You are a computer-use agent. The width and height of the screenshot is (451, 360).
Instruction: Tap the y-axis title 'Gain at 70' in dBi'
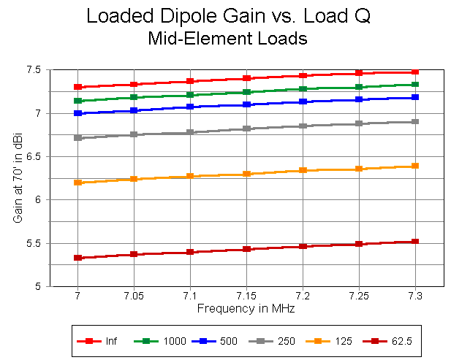click(x=17, y=178)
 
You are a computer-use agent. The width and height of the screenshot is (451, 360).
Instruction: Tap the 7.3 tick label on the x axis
click(x=414, y=296)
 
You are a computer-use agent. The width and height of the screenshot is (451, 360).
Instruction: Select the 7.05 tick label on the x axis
click(x=134, y=296)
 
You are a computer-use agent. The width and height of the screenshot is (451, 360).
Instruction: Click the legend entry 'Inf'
click(x=107, y=341)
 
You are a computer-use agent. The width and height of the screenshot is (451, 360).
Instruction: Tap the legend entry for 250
click(x=274, y=341)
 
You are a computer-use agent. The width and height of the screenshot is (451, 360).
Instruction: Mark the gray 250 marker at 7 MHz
click(x=77, y=137)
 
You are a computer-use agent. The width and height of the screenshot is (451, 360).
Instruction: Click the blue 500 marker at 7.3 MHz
click(x=415, y=97)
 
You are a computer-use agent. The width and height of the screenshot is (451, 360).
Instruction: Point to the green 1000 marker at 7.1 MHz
click(x=190, y=94)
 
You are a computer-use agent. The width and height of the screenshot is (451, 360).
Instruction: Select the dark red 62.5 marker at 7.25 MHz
click(x=359, y=244)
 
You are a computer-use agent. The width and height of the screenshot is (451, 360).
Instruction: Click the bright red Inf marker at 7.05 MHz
click(x=134, y=85)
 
